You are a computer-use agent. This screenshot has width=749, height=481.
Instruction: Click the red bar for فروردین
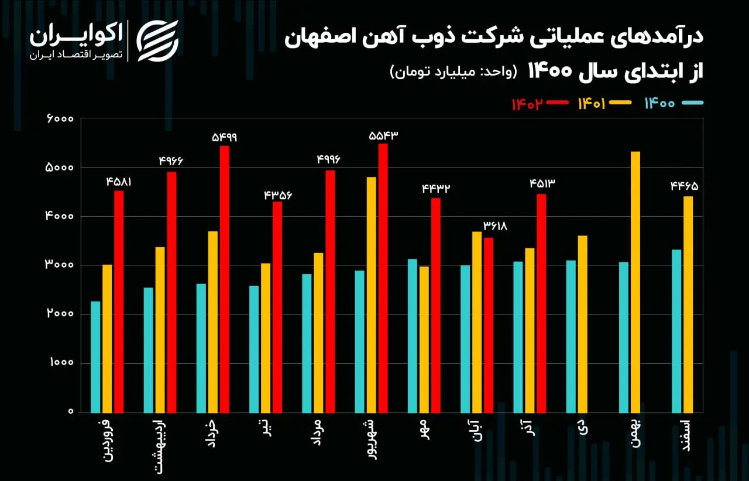[x=119, y=302]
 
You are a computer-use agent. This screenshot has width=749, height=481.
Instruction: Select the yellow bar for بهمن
[x=635, y=282]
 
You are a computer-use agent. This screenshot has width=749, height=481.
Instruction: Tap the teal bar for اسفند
[x=676, y=331]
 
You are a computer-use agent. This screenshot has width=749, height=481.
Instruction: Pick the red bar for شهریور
[x=383, y=278]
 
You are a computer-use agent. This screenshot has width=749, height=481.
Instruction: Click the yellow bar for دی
[x=582, y=324]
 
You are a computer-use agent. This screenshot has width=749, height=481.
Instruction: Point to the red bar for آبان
[x=489, y=325]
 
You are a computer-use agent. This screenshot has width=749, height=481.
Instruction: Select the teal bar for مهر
[x=413, y=336]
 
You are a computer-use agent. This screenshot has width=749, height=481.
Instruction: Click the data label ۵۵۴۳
[x=383, y=135]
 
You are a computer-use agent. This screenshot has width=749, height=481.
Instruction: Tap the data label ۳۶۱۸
[x=495, y=227]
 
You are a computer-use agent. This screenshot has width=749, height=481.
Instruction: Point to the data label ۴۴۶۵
[x=685, y=186]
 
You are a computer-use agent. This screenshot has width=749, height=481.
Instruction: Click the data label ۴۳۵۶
[x=278, y=195]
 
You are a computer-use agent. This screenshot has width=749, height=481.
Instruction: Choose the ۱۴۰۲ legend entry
[x=540, y=104]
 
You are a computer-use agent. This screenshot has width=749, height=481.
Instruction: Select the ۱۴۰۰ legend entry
[x=674, y=103]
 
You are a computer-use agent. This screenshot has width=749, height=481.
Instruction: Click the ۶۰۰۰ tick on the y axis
[x=60, y=119]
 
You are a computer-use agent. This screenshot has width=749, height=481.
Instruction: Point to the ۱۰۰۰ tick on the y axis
[x=61, y=362]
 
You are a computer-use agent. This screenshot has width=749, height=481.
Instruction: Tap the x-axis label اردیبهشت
[x=160, y=446]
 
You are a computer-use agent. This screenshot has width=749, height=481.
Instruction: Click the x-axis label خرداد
[x=212, y=433]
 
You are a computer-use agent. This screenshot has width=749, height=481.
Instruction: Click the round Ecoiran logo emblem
[x=157, y=41]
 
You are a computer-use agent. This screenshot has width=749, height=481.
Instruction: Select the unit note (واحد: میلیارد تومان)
[x=453, y=71]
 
